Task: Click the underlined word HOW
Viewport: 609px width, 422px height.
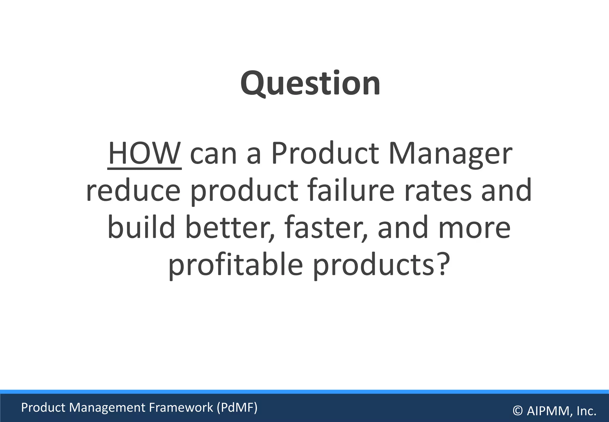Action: pyautogui.click(x=145, y=154)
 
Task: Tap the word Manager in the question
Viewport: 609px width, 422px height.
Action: pyautogui.click(x=450, y=154)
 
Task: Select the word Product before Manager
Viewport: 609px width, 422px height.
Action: pyautogui.click(x=325, y=154)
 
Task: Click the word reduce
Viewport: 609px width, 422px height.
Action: pyautogui.click(x=133, y=190)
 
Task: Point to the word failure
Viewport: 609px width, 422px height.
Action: pyautogui.click(x=351, y=190)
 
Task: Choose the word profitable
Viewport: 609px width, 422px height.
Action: pyautogui.click(x=236, y=265)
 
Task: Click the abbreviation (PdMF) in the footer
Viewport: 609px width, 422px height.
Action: pyautogui.click(x=237, y=407)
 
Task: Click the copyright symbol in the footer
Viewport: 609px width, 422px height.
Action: pyautogui.click(x=518, y=411)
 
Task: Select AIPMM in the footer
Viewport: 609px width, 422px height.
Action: pyautogui.click(x=549, y=411)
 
